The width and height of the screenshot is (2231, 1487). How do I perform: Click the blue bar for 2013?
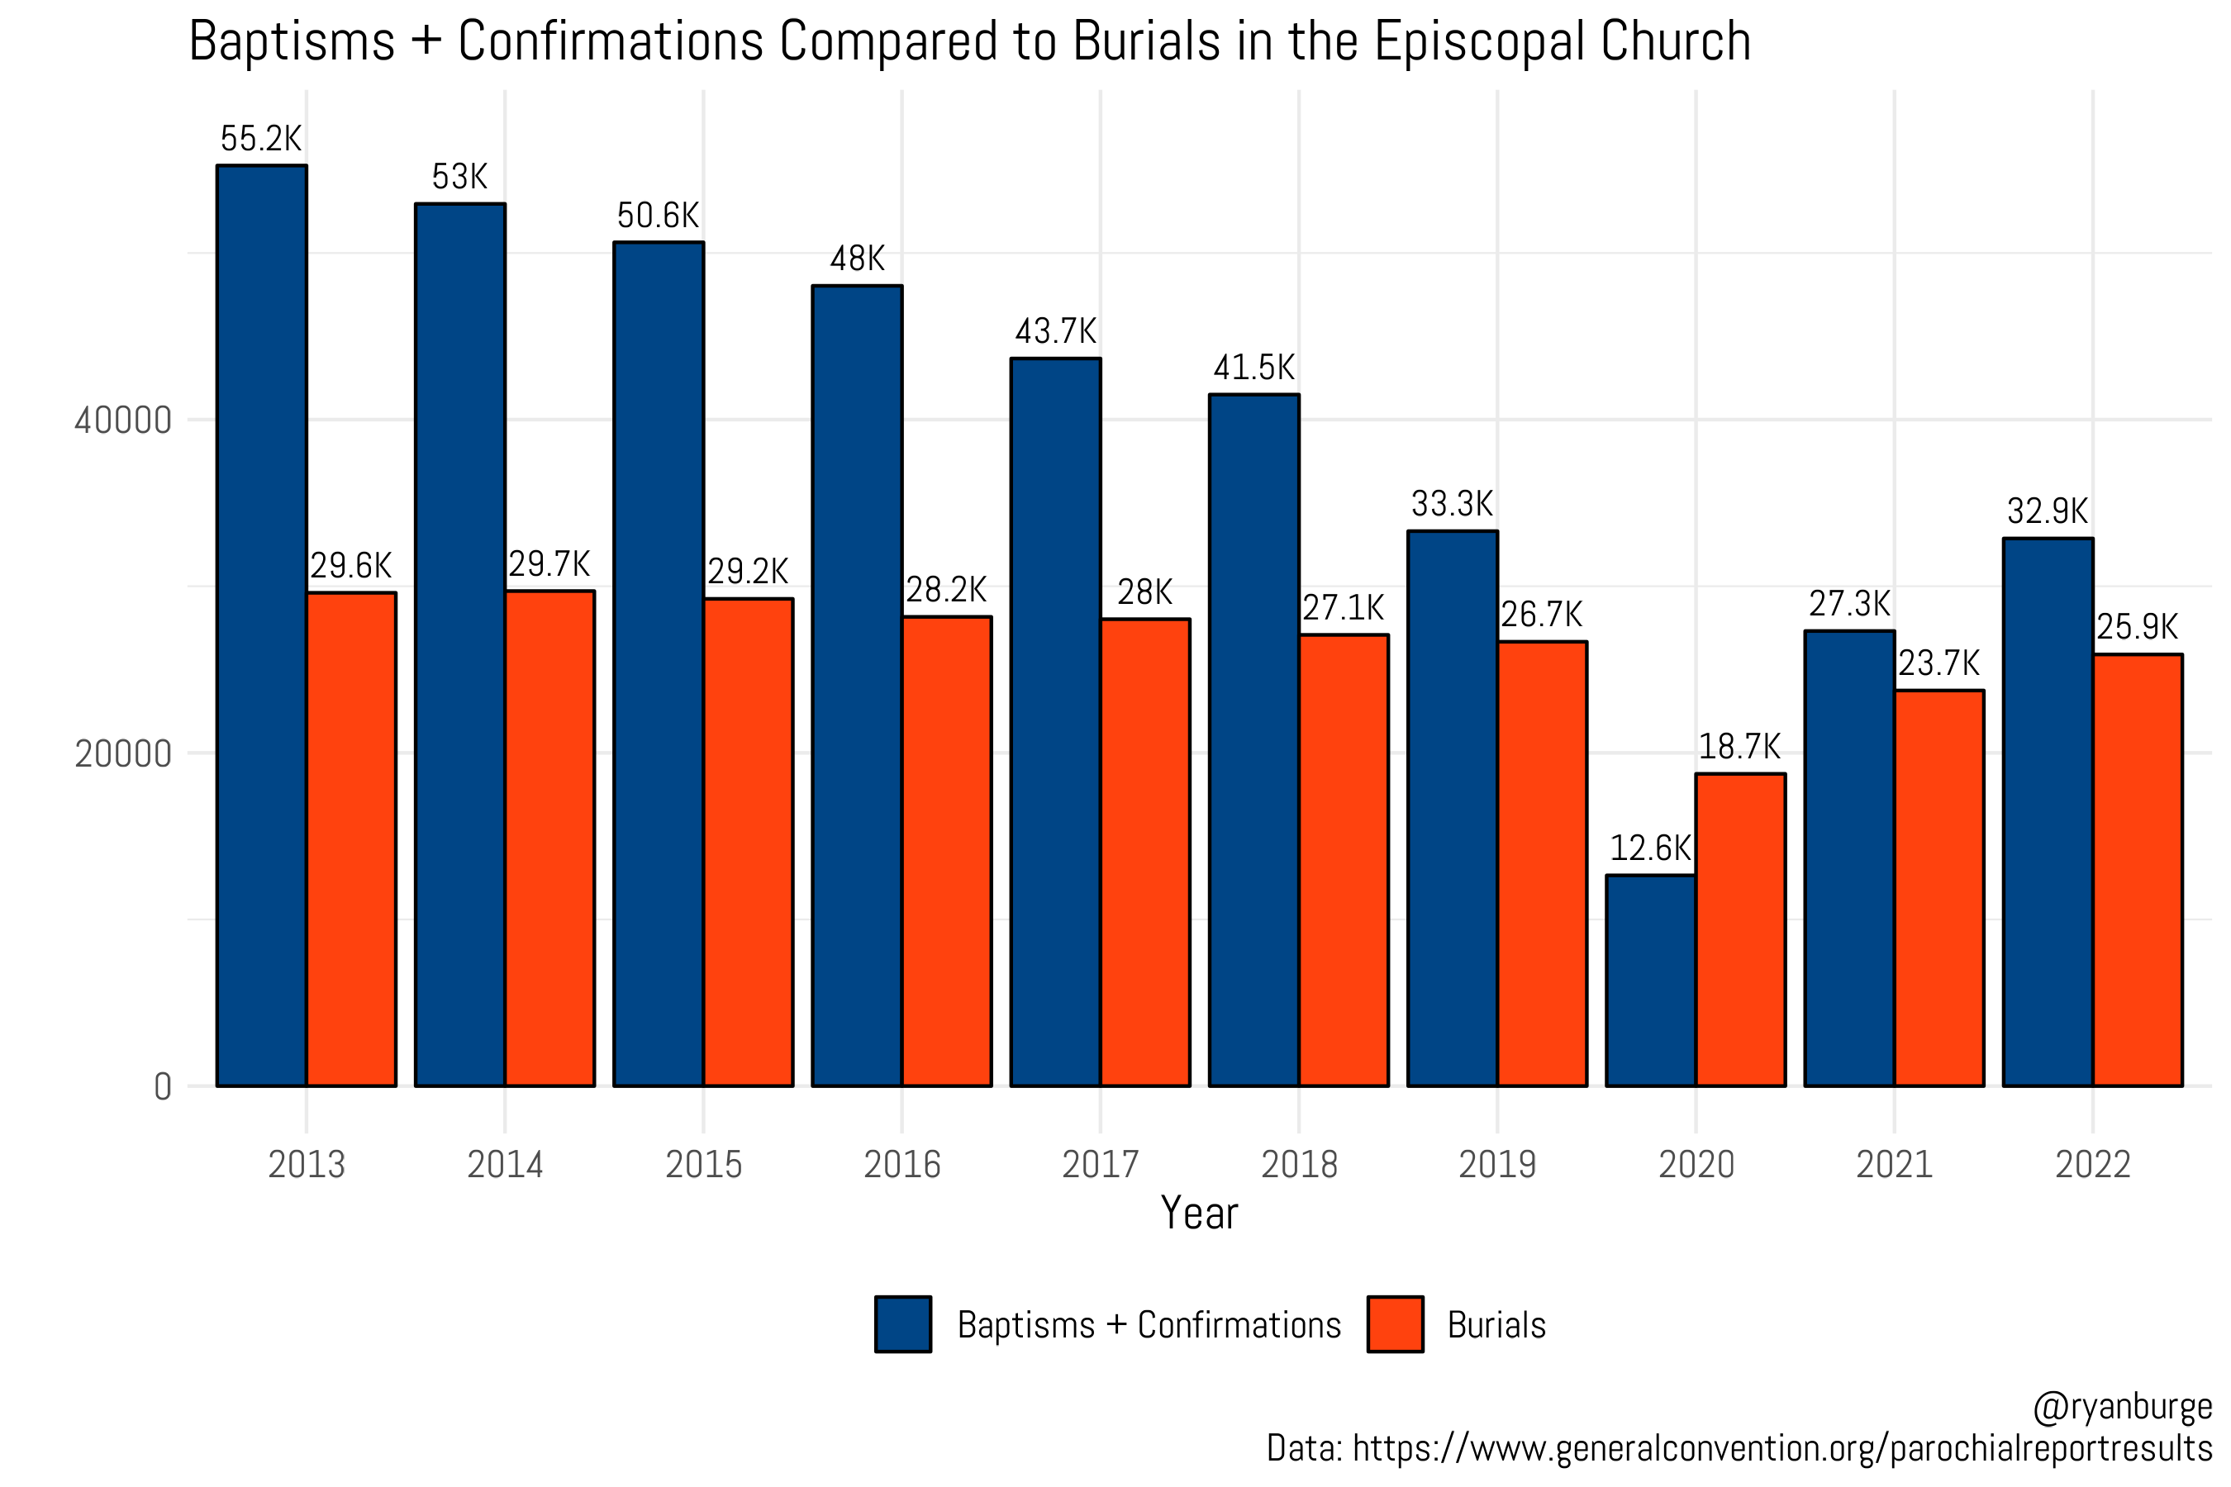(x=262, y=626)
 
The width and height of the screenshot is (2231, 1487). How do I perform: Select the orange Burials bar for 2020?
(x=1741, y=929)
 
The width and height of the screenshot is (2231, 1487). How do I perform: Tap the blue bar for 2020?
(x=1650, y=981)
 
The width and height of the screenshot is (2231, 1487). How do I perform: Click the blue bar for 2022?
(x=2048, y=812)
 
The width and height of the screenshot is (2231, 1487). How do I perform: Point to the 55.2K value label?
(x=261, y=140)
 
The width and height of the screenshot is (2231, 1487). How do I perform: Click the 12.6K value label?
(x=1650, y=848)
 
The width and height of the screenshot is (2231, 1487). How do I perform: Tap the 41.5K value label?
(x=1254, y=368)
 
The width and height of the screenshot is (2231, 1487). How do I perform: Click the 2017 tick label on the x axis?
(x=1101, y=1165)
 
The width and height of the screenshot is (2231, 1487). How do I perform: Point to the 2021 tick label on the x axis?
(x=1894, y=1165)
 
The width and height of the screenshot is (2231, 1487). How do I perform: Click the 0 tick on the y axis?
(x=162, y=1087)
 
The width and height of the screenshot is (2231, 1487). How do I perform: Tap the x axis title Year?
(x=1199, y=1214)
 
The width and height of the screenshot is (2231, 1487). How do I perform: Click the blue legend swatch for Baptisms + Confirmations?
(x=903, y=1324)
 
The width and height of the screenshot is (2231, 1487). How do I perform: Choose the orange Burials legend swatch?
(x=1396, y=1324)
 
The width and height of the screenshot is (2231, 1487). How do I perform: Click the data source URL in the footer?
(x=1782, y=1449)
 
